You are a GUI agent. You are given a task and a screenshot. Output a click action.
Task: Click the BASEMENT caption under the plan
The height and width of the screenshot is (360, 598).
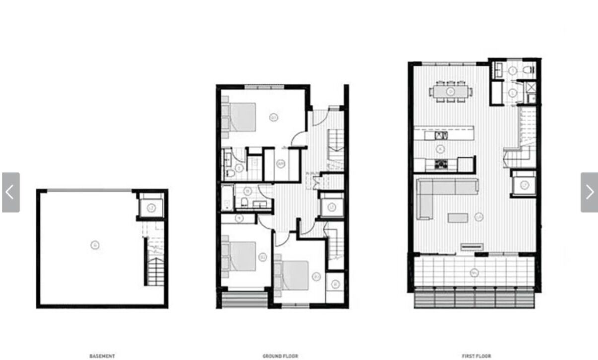pos(102,356)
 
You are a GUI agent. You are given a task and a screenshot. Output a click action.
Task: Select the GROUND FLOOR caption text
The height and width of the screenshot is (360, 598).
pos(280,356)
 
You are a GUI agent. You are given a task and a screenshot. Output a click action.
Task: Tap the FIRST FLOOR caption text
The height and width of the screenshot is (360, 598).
pos(476,356)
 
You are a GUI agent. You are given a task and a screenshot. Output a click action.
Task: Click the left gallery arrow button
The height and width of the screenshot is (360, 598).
pos(11,192)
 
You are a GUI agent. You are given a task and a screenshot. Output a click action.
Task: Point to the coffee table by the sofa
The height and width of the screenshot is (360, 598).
pos(458,218)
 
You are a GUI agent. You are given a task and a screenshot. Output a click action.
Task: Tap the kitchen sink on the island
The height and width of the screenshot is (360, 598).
pos(441,135)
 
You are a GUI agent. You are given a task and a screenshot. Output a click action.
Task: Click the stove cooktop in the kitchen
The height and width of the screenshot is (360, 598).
pos(441,163)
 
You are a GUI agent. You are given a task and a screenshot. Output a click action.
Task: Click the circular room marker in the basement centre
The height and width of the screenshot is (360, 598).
pos(94,245)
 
